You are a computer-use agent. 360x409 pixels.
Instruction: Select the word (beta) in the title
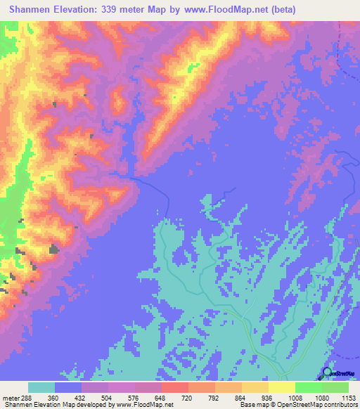point(282,10)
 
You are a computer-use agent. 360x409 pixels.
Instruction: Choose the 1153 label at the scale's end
point(347,397)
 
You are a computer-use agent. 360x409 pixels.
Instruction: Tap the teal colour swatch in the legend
point(41,387)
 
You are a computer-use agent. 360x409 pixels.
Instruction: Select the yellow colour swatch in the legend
point(281,387)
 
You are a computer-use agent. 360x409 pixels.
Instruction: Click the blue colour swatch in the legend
point(67,387)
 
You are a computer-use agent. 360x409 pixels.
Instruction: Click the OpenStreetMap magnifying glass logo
point(328,372)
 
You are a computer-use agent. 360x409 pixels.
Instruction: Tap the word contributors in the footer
point(340,405)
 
